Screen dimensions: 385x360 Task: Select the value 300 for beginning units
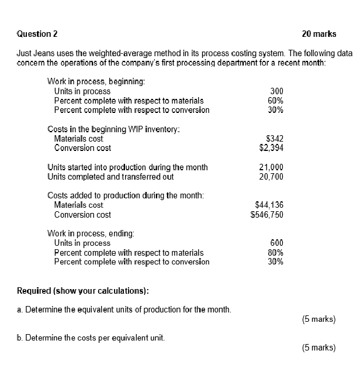(276, 91)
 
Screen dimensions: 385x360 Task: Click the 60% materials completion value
(276, 101)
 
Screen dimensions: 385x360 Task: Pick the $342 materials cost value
(275, 139)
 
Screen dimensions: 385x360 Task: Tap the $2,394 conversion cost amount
(271, 148)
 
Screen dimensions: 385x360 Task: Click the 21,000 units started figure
(271, 167)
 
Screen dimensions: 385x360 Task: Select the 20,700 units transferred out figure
(271, 177)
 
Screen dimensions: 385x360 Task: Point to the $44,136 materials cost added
(269, 205)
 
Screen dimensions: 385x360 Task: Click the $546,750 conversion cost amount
(267, 215)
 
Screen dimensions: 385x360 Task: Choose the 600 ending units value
(277, 243)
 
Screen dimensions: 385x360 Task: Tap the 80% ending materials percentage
(276, 253)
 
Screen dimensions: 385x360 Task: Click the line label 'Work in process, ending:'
(91, 233)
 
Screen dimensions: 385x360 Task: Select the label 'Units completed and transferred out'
(110, 177)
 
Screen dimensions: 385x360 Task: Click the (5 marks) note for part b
(319, 348)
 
